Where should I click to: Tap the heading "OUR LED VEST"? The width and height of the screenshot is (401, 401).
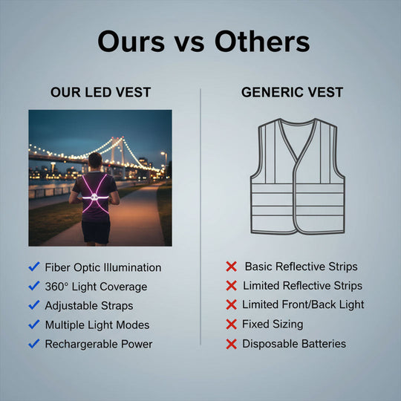click(x=100, y=93)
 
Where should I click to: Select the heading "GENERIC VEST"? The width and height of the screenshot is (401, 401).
click(x=292, y=93)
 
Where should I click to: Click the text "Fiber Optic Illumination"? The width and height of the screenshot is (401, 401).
click(x=102, y=267)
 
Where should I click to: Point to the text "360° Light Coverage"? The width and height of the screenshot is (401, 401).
click(x=96, y=287)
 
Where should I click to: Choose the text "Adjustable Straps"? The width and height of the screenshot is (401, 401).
click(x=89, y=306)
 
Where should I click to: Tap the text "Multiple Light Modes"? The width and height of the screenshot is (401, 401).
click(x=97, y=325)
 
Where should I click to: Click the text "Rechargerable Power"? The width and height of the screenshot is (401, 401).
click(x=99, y=345)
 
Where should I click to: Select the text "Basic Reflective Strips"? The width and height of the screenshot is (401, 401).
click(x=301, y=267)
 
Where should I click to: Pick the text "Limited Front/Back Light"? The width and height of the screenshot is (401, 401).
click(x=303, y=305)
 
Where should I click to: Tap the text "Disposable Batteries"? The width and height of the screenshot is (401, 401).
click(x=294, y=344)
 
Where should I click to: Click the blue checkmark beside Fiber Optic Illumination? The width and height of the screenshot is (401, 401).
click(x=33, y=267)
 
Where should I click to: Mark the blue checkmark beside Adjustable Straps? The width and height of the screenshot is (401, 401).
click(x=33, y=306)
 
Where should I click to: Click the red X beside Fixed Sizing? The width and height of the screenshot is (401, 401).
click(x=231, y=325)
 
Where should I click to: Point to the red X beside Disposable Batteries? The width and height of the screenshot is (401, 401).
click(x=231, y=344)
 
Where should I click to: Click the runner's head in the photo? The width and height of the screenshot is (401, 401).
click(x=94, y=160)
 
